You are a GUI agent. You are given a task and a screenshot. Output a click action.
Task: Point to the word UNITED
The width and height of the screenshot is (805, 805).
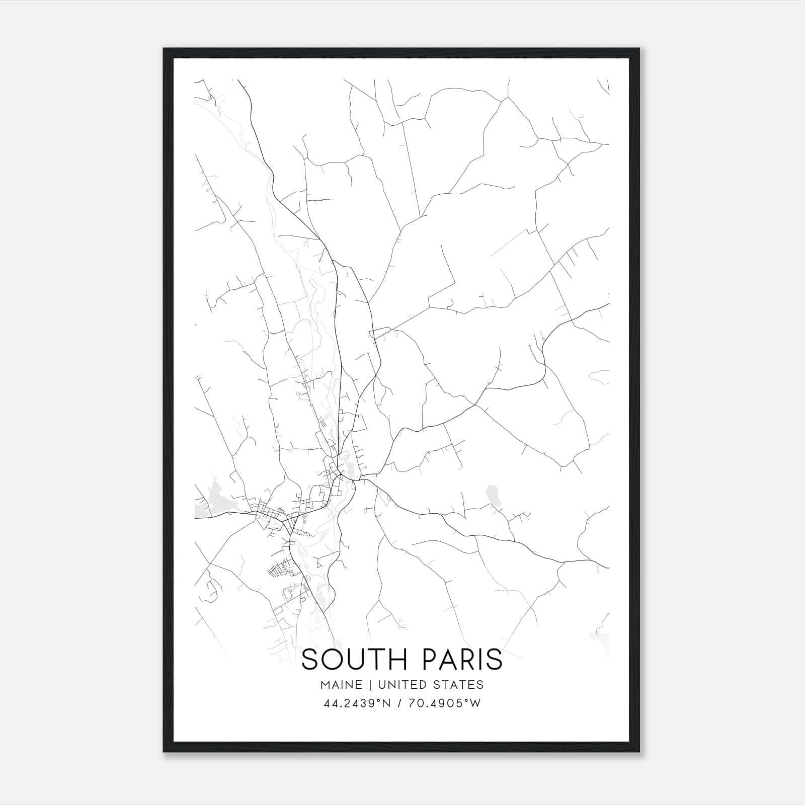(401, 685)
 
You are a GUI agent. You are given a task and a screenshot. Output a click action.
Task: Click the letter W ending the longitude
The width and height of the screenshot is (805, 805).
(476, 703)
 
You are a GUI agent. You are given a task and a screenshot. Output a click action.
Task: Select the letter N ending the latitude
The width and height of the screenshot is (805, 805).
(386, 703)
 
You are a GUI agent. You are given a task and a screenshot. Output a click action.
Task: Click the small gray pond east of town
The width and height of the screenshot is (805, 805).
(492, 495)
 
